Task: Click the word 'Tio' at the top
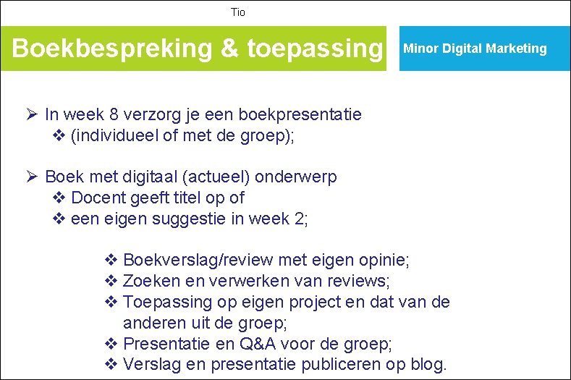pyautogui.click(x=238, y=12)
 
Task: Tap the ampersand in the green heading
pyautogui.click(x=229, y=48)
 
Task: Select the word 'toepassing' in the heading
pyautogui.click(x=314, y=48)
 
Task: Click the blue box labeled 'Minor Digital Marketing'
pyautogui.click(x=475, y=48)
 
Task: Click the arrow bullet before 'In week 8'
pyautogui.click(x=30, y=114)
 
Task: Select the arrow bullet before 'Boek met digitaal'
pyautogui.click(x=30, y=177)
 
